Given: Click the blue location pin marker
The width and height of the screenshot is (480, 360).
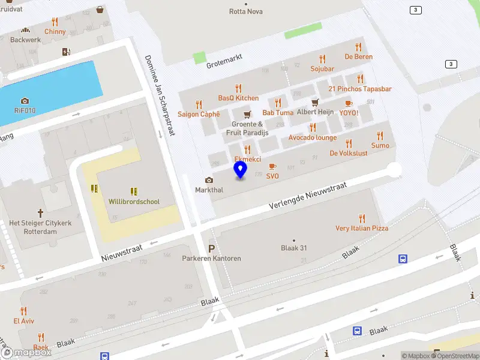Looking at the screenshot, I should coord(241,169).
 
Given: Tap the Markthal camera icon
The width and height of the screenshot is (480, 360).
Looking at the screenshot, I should coord(209,180).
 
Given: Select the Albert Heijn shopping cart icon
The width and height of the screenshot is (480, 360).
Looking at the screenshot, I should coord(314,103).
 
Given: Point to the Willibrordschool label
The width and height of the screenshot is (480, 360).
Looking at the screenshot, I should coord(134,202).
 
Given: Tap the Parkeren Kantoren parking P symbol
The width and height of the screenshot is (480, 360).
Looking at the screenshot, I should coord(211,248).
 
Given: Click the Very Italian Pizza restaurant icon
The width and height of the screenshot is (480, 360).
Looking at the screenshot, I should coord(361,218).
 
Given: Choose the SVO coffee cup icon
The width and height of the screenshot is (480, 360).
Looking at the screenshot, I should coord(272,166).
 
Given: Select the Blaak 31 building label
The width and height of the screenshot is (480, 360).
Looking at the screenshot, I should coord(294,248).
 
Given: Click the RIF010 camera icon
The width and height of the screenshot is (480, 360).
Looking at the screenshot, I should coord(25,101).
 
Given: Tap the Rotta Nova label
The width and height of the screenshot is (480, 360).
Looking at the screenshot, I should coord(246,11).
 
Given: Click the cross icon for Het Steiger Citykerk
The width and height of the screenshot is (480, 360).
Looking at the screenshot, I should coord(40,212).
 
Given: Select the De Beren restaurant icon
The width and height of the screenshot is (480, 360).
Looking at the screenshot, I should coord(359,47).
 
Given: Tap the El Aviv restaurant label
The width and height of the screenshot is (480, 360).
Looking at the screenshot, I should coord(24,321).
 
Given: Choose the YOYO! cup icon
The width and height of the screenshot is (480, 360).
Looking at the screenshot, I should coord(349,103).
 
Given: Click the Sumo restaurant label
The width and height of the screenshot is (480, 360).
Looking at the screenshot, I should coord(380,146).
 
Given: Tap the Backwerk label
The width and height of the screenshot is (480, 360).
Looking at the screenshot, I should coord(25,40).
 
